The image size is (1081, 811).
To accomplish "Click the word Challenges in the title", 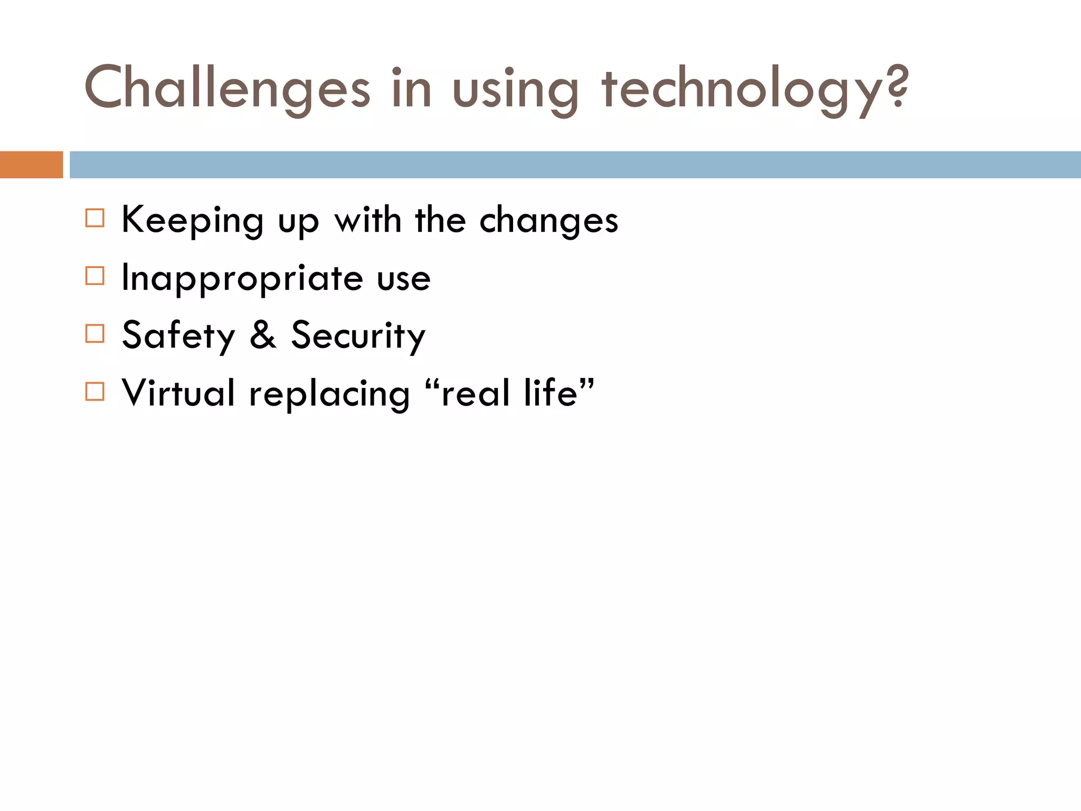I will pos(227,89).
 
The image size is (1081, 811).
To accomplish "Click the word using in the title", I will pos(516,90).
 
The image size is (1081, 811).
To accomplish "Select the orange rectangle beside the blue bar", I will pos(31,165).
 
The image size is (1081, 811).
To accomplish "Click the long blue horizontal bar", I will pos(575,165).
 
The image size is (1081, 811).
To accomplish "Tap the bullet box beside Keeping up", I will pos(95,218).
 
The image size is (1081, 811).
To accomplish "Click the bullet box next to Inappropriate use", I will pos(95,276).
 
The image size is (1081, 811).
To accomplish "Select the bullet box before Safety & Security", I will pos(95,334).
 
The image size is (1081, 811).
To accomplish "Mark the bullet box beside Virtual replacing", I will pos(95,392).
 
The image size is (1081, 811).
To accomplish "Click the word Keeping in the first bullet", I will pos(193,221).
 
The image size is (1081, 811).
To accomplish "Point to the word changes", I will pos(548,221).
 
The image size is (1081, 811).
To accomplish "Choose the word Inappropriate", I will pos(242,279).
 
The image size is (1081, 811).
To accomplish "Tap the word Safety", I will pos(178,336).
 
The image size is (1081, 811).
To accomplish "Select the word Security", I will pos(358,336).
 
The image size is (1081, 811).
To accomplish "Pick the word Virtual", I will pos(178,393).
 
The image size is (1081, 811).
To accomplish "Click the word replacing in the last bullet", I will pos(329,395).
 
